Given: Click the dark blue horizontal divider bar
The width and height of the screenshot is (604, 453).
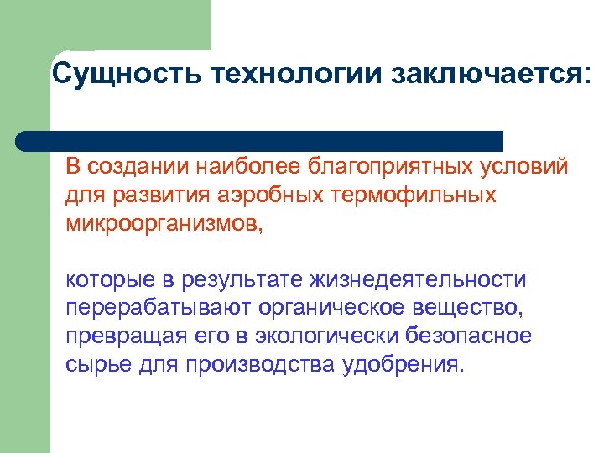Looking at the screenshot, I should point(260,140).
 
